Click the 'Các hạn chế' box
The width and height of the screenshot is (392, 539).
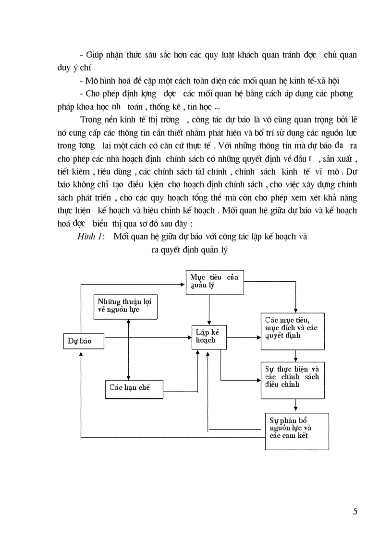click(134, 388)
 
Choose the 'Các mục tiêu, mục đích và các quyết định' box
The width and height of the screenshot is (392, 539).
click(293, 331)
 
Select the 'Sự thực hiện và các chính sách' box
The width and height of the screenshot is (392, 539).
click(293, 380)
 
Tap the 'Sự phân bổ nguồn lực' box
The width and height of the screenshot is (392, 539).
click(297, 430)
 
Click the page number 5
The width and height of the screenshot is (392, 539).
click(355, 511)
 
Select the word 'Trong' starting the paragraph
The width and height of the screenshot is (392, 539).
click(92, 120)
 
